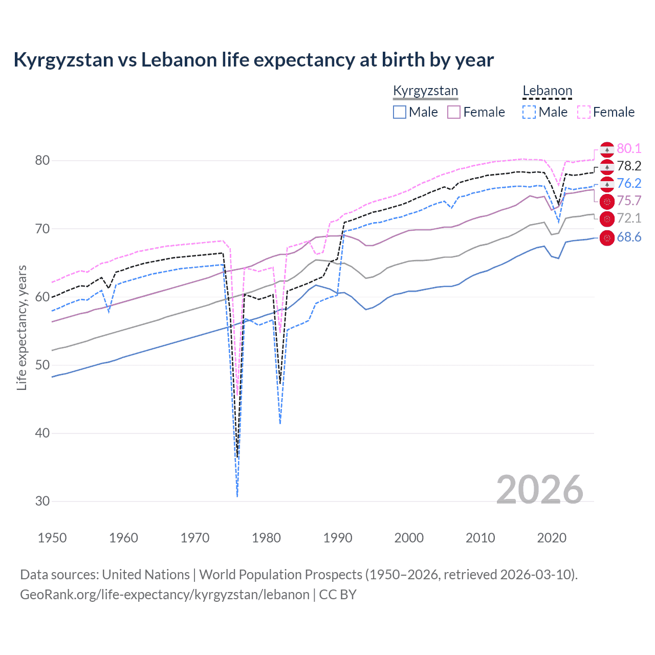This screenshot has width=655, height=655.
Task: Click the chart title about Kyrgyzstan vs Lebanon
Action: pos(253,60)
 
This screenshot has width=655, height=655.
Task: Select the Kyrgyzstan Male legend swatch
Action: pos(400,112)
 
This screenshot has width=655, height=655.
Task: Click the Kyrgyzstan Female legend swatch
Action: pos(454,112)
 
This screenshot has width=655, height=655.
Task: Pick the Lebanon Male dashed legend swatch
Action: pos(529,112)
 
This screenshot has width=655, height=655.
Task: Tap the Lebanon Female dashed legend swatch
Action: pos(584,112)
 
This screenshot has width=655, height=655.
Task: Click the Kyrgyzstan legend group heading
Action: pos(425,91)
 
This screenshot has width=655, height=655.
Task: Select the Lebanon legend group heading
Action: pos(547,91)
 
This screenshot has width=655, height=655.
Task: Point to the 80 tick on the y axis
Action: pos(42,161)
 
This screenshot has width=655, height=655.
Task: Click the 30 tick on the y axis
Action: pos(42,501)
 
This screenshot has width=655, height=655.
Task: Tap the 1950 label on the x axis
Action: pos(52,538)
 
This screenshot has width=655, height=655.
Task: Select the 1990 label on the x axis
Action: pos(338,538)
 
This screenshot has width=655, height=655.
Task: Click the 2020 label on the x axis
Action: pos(552,538)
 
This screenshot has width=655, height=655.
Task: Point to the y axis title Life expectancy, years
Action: pos(21,327)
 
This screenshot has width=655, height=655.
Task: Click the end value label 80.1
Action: pos(629,149)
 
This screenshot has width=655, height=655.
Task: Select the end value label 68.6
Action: pos(629,237)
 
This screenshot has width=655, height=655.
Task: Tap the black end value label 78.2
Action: pos(629,166)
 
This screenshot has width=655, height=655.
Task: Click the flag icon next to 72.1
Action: pos(607,219)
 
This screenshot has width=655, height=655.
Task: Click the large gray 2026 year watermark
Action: pos(540,490)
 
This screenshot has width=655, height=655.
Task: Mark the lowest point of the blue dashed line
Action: pos(237,496)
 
